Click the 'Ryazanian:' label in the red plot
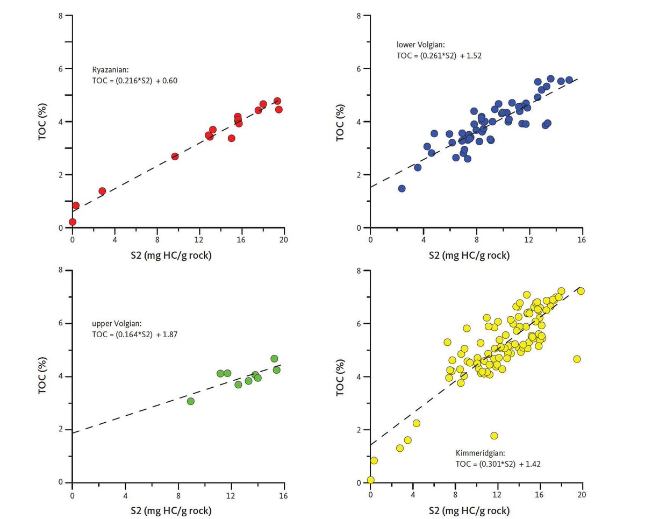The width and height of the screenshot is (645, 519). [110, 70]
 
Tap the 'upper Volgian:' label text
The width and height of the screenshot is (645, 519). [116, 324]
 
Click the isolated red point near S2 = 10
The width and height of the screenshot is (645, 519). [175, 157]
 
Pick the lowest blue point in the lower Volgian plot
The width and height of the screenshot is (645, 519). [402, 188]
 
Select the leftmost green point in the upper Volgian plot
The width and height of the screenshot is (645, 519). [190, 401]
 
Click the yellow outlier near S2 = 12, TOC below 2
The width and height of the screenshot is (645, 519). [494, 436]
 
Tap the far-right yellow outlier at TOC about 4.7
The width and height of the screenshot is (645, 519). [577, 359]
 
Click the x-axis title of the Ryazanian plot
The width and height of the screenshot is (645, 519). [178, 255]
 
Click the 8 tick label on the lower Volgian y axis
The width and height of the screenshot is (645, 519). [360, 16]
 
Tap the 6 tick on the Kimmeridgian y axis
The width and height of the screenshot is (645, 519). [360, 324]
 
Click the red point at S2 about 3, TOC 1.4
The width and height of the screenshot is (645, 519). [102, 191]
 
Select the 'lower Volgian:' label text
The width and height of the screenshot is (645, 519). [414, 45]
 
